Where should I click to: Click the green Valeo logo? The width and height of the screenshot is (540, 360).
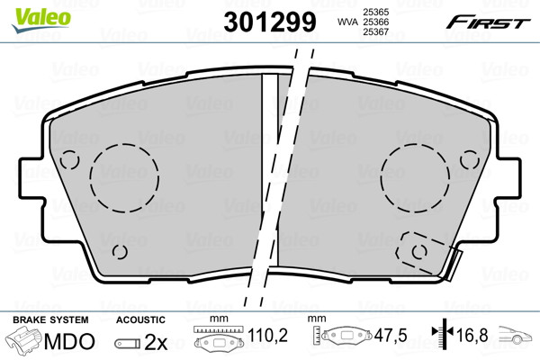pyautogui.click(x=41, y=20)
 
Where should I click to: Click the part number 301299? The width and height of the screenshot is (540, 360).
pyautogui.click(x=270, y=22)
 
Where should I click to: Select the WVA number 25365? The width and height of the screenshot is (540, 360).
pyautogui.click(x=376, y=12)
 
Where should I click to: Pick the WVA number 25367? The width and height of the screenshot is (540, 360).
pyautogui.click(x=376, y=32)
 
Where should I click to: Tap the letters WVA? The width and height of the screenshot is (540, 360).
pyautogui.click(x=348, y=22)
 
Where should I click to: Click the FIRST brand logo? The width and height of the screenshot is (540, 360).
pyautogui.click(x=489, y=22)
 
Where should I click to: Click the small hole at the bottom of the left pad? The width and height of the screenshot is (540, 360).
pyautogui.click(x=120, y=252)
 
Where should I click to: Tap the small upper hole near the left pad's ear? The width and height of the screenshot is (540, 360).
pyautogui.click(x=69, y=160)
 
